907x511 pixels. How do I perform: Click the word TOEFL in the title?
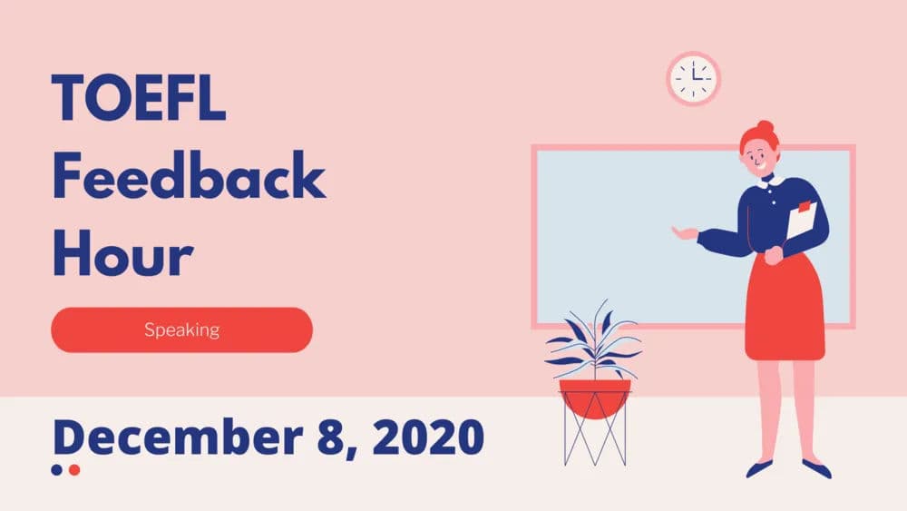[139, 98]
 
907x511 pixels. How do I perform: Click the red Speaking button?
[181, 329]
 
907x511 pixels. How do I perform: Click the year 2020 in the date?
[429, 437]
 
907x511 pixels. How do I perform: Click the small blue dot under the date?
[57, 470]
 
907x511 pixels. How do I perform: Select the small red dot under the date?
[74, 470]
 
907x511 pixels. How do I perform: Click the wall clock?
[694, 78]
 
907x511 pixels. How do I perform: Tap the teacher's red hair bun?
[766, 128]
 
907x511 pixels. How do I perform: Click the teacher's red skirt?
[785, 309]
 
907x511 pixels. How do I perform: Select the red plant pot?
[595, 397]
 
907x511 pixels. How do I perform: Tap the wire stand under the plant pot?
[595, 440]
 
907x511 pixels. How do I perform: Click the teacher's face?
[758, 161]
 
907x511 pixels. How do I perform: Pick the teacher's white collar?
[772, 181]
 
